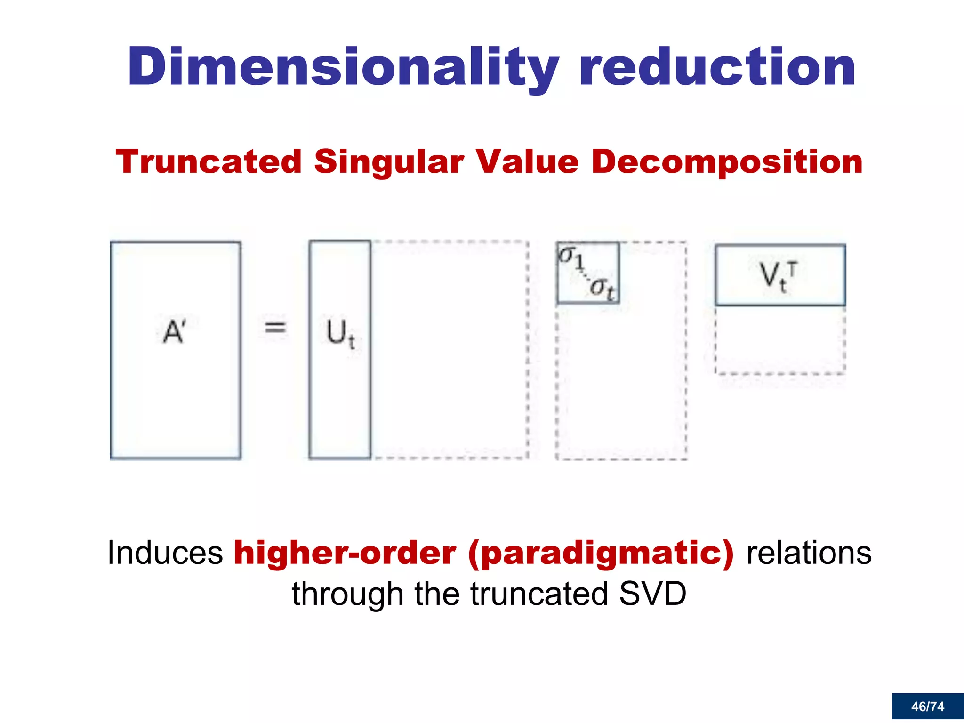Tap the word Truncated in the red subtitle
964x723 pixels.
click(209, 162)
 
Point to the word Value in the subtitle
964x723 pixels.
click(527, 162)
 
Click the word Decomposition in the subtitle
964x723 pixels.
click(727, 162)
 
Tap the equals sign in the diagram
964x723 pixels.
click(275, 327)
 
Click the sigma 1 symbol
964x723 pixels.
click(570, 257)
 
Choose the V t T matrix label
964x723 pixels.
click(777, 276)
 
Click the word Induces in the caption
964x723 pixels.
click(165, 553)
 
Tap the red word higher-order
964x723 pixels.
click(345, 553)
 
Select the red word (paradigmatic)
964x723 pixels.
click(601, 553)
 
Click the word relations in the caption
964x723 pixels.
click(809, 553)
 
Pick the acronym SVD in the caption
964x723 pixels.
click(652, 594)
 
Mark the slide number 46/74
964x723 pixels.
click(927, 707)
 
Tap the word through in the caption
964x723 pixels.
click(347, 594)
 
